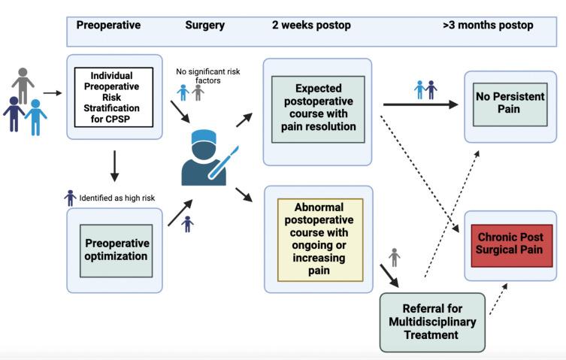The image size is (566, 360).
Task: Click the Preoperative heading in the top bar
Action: click(108, 25)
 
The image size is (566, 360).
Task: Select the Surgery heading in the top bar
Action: click(204, 25)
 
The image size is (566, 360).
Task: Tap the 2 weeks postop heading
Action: click(311, 25)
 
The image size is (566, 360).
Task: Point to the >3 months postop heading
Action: click(488, 25)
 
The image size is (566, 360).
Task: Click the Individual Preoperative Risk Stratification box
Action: click(114, 96)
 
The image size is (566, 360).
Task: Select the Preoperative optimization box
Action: click(116, 250)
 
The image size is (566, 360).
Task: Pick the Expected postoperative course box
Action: click(318, 108)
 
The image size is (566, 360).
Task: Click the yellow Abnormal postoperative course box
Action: click(320, 240)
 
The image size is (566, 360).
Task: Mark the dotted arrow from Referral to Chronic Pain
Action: click(496, 299)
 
